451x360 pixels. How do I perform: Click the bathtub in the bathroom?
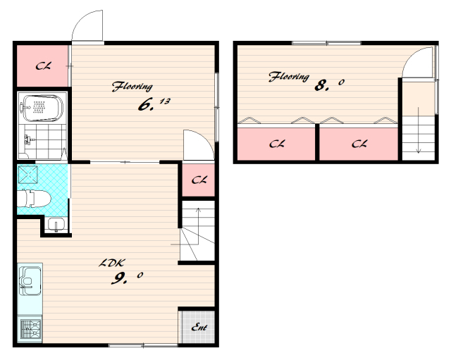click(x=42, y=108)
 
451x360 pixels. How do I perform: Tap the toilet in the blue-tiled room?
click(x=34, y=199)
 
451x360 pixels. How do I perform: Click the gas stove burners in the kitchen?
click(x=30, y=329)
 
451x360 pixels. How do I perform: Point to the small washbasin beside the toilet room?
click(x=56, y=224)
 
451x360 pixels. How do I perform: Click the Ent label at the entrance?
click(x=199, y=327)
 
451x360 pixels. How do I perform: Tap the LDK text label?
click(x=111, y=263)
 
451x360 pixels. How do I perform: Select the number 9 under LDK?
click(x=119, y=278)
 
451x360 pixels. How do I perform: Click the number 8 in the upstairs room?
click(x=321, y=85)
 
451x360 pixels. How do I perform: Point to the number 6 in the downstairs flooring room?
click(x=145, y=105)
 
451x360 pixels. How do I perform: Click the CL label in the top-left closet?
click(x=43, y=66)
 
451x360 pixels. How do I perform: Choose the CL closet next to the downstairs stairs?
click(x=199, y=180)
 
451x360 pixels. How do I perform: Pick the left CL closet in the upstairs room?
click(x=276, y=144)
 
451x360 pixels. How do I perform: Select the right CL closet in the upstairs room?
click(x=359, y=144)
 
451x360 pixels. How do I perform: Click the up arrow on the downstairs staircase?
click(x=199, y=226)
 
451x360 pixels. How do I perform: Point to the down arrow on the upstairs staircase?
click(x=419, y=130)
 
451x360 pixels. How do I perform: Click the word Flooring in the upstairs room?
click(x=289, y=77)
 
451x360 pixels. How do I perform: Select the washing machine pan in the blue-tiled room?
click(x=27, y=175)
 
